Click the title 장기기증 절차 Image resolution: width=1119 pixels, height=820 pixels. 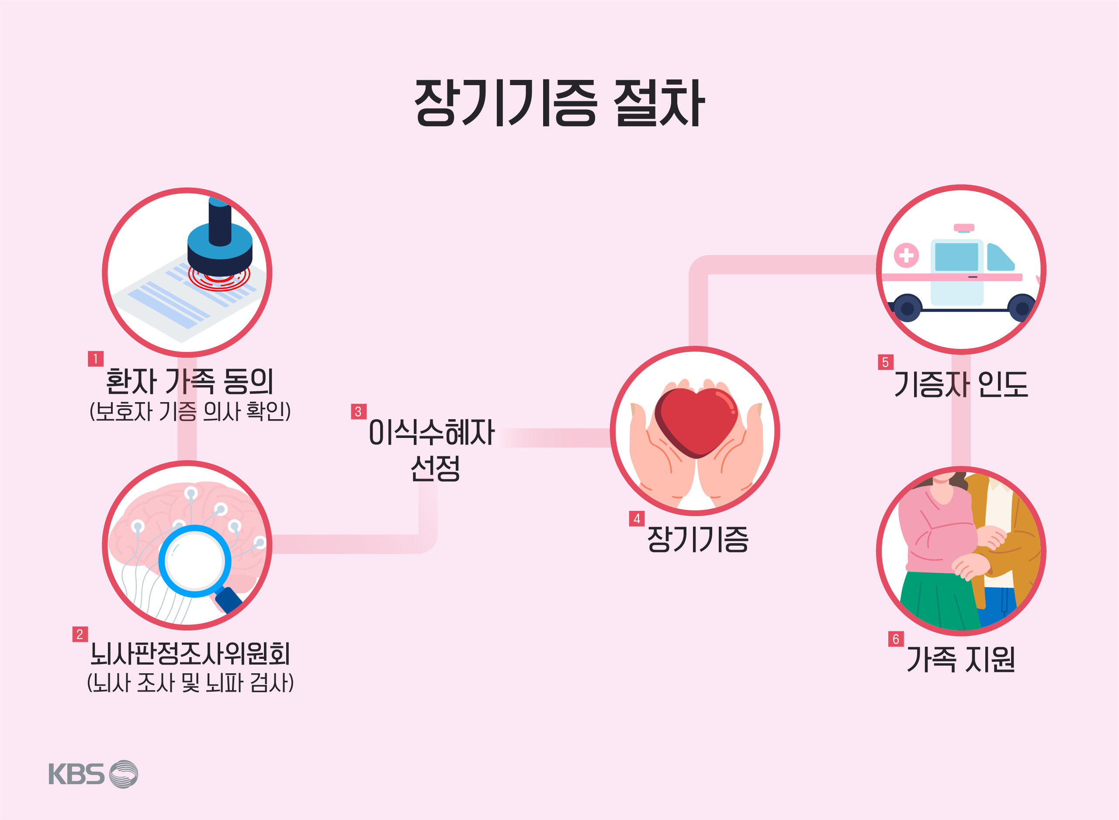pos(559,103)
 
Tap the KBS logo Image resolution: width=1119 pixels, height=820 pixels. pos(93,774)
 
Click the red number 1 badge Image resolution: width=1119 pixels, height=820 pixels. pos(95,358)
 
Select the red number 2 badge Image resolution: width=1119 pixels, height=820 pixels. pos(80,634)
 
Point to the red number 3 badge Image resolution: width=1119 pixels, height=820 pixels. pos(359,411)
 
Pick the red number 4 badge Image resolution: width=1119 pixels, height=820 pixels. pos(637,519)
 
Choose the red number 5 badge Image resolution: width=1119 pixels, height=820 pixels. pos(886,362)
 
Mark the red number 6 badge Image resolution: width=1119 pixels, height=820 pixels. pos(896,639)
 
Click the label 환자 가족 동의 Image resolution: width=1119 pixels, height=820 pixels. pos(190,381)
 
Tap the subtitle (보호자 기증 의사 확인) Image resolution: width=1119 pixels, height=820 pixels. pos(190,411)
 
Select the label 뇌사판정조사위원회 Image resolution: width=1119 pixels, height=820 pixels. pos(190,654)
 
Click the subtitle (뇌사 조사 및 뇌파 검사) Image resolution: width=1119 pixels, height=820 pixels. pos(190,683)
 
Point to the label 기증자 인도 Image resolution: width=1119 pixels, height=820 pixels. pos(960,384)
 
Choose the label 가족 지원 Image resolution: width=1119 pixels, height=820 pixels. pos(960,659)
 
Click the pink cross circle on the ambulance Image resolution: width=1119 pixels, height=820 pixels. pos(906,255)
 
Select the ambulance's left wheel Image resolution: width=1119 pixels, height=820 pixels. pos(907,308)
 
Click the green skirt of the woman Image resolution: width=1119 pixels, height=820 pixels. pos(939,601)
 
